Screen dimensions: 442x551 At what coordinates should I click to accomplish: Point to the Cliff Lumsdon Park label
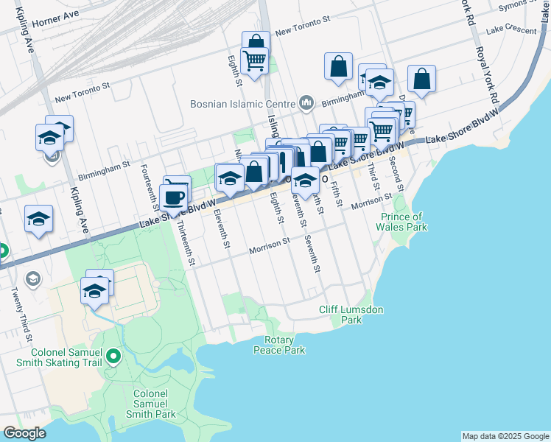click(351, 315)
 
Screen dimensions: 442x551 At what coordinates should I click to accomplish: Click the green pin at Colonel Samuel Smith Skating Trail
click(113, 357)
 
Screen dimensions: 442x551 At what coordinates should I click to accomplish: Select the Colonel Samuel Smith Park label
click(155, 404)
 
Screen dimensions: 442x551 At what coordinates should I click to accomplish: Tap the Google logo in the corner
click(24, 433)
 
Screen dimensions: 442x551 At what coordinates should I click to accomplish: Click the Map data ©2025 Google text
click(505, 436)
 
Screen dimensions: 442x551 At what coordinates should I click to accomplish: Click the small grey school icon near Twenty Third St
click(32, 278)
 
